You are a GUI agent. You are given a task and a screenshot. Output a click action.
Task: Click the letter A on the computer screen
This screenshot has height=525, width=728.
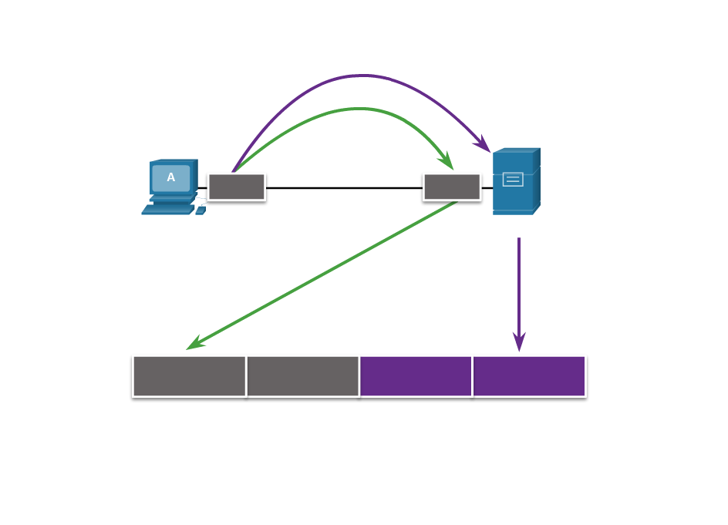click(x=171, y=178)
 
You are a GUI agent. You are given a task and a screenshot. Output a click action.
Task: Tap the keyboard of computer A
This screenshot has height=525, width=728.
click(x=167, y=209)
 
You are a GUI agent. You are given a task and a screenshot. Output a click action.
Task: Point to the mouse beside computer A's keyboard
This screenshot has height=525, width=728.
click(x=201, y=210)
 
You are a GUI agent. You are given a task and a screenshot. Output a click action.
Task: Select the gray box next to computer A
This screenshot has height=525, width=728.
click(x=236, y=187)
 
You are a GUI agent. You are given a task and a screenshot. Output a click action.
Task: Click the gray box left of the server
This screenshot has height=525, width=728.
click(x=452, y=187)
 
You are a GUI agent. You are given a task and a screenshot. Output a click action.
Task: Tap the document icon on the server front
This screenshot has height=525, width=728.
click(x=513, y=180)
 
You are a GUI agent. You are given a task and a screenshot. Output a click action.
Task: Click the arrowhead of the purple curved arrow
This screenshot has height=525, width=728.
click(x=484, y=145)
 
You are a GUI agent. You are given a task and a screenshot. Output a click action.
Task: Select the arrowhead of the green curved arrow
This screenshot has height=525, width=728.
click(x=447, y=162)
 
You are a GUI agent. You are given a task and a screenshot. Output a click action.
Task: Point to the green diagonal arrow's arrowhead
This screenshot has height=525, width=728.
click(x=193, y=345)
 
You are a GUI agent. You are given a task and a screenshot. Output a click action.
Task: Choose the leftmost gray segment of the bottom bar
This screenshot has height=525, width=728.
click(x=190, y=376)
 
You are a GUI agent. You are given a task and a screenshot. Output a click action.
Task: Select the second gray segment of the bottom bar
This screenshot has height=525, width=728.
click(x=302, y=376)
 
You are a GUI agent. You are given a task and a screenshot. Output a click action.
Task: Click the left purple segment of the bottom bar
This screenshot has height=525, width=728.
click(x=416, y=376)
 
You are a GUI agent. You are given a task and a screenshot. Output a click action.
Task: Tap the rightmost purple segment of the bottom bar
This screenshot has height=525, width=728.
click(x=529, y=376)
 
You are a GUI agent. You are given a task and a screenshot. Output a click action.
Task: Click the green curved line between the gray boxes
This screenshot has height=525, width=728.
click(x=355, y=109)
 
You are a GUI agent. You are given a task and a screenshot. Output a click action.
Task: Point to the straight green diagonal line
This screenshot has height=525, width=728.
click(x=324, y=273)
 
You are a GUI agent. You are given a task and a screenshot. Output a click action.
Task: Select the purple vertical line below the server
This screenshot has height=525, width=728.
click(x=519, y=285)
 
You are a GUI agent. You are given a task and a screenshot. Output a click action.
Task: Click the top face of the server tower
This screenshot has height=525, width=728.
click(x=517, y=150)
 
